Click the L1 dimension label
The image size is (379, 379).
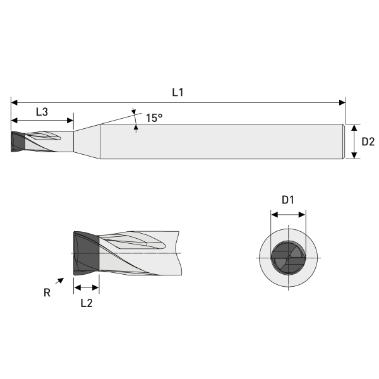coord(177,92)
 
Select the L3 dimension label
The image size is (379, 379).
coord(42,112)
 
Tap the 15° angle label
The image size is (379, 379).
coord(154,117)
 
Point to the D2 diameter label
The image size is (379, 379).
coord(368,142)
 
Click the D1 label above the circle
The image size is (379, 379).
coord(288,200)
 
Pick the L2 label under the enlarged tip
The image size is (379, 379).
coord(87,303)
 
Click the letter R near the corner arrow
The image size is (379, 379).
coord(47,292)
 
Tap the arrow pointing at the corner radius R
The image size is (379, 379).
coord(60,281)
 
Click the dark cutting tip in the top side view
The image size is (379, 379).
coord(18,141)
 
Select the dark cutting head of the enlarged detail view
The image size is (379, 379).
coord(86,253)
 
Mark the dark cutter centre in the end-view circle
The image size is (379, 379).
coord(288,258)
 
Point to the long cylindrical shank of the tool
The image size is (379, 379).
coord(221,141)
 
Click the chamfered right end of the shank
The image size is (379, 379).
coord(344,141)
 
